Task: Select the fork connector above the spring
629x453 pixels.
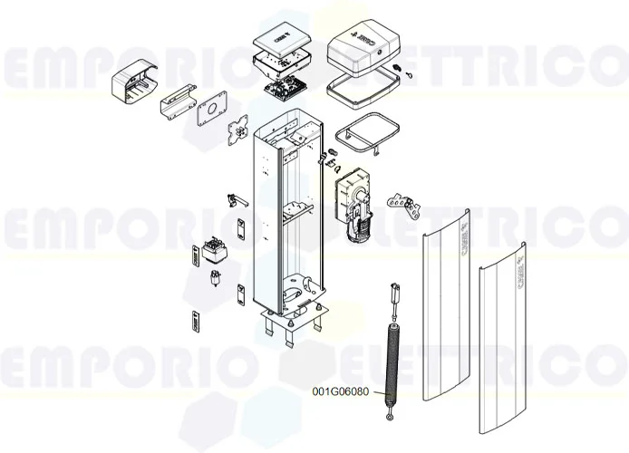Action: (x=396, y=294)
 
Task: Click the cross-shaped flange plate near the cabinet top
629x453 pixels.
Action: (x=238, y=130)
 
